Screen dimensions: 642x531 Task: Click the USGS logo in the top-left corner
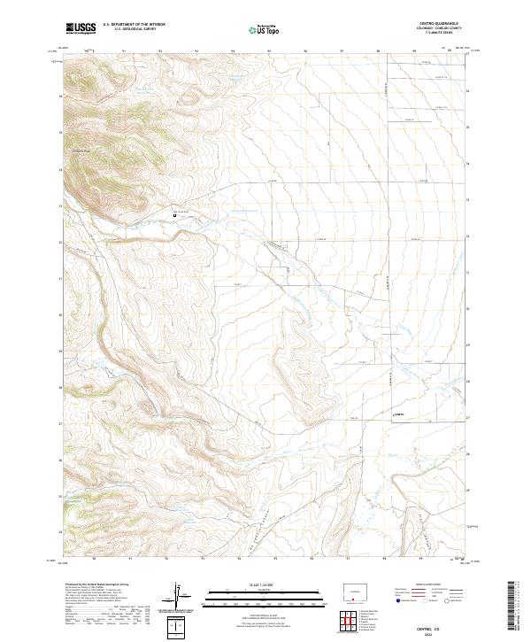pos(81,28)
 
